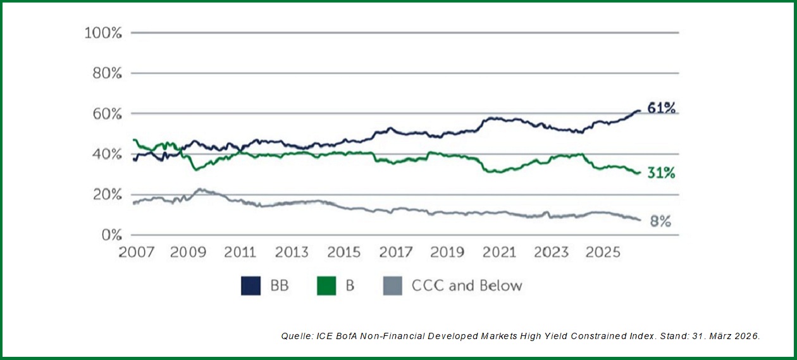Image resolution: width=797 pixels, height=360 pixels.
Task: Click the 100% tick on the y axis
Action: [x=102, y=33]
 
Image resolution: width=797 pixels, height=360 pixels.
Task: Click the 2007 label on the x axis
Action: [x=136, y=252]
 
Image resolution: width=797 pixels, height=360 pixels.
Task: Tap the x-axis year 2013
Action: [x=292, y=252]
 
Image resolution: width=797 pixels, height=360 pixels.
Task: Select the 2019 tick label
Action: [x=447, y=252]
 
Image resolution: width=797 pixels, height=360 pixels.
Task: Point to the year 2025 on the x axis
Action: [x=603, y=252]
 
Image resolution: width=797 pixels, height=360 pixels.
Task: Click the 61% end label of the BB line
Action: [x=662, y=108]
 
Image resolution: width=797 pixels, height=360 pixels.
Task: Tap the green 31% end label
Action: [x=662, y=173]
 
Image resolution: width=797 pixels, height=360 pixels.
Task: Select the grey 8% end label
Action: [x=661, y=221]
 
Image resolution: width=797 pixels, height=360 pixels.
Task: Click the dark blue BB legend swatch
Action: [x=250, y=286]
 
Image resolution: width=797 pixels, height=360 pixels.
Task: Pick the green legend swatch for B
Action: [x=326, y=286]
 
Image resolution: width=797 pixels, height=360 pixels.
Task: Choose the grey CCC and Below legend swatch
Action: [x=392, y=286]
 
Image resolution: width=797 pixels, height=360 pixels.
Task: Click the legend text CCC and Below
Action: [x=467, y=286]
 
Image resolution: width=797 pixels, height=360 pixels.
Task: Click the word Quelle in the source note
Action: [x=295, y=337]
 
